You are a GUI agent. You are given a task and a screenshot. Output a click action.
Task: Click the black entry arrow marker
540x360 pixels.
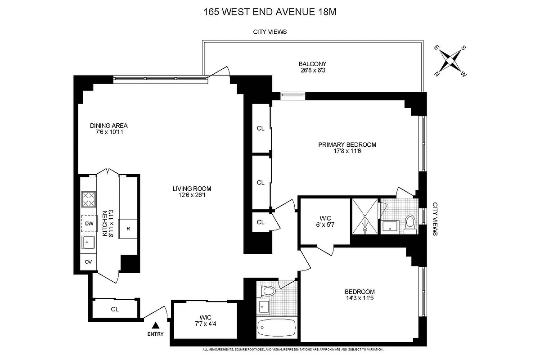pyautogui.click(x=156, y=325)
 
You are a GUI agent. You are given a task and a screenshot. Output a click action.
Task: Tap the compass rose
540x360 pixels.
pyautogui.click(x=450, y=60)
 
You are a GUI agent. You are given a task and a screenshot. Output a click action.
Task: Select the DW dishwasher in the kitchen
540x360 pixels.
pyautogui.click(x=88, y=223)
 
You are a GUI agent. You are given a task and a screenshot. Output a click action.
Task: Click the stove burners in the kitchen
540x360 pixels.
pyautogui.click(x=88, y=199)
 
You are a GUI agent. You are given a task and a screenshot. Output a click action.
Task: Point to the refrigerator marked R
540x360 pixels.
pyautogui.click(x=128, y=229)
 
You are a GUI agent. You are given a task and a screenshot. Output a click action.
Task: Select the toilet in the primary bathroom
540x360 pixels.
pyautogui.click(x=409, y=223)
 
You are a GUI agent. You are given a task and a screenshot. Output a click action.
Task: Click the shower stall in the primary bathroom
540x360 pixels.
pyautogui.click(x=365, y=216)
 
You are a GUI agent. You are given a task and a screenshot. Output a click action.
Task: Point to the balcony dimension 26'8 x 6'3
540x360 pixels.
pyautogui.click(x=312, y=70)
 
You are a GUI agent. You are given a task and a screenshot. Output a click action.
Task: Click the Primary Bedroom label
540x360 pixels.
pyautogui.click(x=347, y=144)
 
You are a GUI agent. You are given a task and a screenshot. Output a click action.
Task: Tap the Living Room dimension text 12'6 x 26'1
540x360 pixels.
pyautogui.click(x=192, y=195)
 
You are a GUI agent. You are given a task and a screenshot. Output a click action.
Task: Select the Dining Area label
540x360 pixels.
pyautogui.click(x=108, y=126)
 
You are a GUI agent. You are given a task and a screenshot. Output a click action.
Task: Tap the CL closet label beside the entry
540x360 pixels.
pyautogui.click(x=115, y=309)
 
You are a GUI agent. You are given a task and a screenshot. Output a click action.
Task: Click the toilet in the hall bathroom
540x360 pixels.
pyautogui.click(x=269, y=291)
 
